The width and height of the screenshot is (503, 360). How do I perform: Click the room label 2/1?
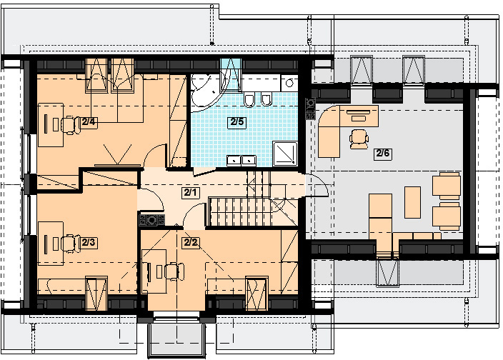click(x=190, y=193)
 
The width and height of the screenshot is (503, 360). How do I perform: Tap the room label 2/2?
click(x=190, y=242)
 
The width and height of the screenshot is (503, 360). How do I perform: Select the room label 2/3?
click(x=88, y=242)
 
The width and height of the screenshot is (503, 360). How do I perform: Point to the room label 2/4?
click(x=89, y=122)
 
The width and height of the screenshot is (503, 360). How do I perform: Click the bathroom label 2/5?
click(x=237, y=122)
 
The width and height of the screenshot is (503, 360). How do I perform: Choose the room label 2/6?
click(x=383, y=154)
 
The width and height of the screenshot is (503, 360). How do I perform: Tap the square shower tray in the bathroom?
click(x=285, y=154)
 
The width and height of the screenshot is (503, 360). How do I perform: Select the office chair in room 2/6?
click(x=359, y=139)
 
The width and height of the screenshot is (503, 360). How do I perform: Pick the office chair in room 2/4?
click(x=71, y=124)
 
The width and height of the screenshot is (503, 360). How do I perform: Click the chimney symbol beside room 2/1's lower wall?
click(x=151, y=220)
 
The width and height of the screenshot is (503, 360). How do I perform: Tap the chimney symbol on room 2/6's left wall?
click(x=310, y=109)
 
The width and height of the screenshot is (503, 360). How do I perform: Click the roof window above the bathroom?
click(x=231, y=73)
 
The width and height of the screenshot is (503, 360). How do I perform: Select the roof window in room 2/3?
click(x=96, y=294)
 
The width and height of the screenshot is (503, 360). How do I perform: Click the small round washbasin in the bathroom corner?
click(x=289, y=83)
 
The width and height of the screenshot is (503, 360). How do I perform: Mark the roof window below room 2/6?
click(x=387, y=272)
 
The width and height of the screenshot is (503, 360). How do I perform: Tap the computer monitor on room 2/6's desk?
click(x=359, y=112)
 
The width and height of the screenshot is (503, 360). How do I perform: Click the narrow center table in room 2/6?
click(x=412, y=203)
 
